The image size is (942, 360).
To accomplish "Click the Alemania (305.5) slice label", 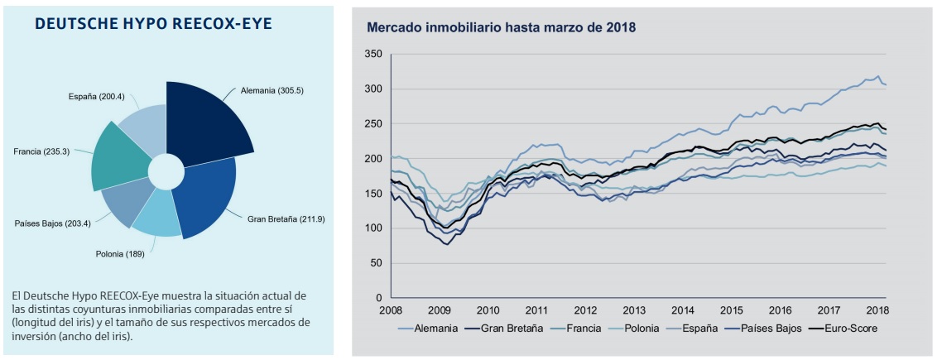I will [272, 90].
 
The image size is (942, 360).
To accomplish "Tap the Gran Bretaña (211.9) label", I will [286, 219].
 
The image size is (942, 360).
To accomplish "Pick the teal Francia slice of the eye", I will [123, 157].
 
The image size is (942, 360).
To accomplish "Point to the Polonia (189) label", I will [121, 254].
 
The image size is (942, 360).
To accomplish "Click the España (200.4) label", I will [96, 97].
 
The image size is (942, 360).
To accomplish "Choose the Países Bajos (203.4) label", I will [51, 223].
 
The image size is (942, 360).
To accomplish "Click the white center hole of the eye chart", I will [166, 171].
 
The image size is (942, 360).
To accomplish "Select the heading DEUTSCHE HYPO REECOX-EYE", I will [166, 24].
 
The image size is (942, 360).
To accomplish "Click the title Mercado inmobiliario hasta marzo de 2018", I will [501, 27].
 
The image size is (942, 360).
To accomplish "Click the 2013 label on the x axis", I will [634, 310].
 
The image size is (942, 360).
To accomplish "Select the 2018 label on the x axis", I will [877, 310].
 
